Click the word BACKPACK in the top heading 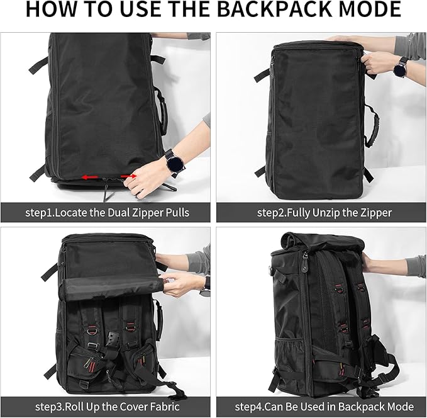[x=277, y=11]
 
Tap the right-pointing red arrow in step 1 [x=128, y=176]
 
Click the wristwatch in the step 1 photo [x=174, y=162]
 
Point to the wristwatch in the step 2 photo [x=399, y=67]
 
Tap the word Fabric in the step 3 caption [x=171, y=405]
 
